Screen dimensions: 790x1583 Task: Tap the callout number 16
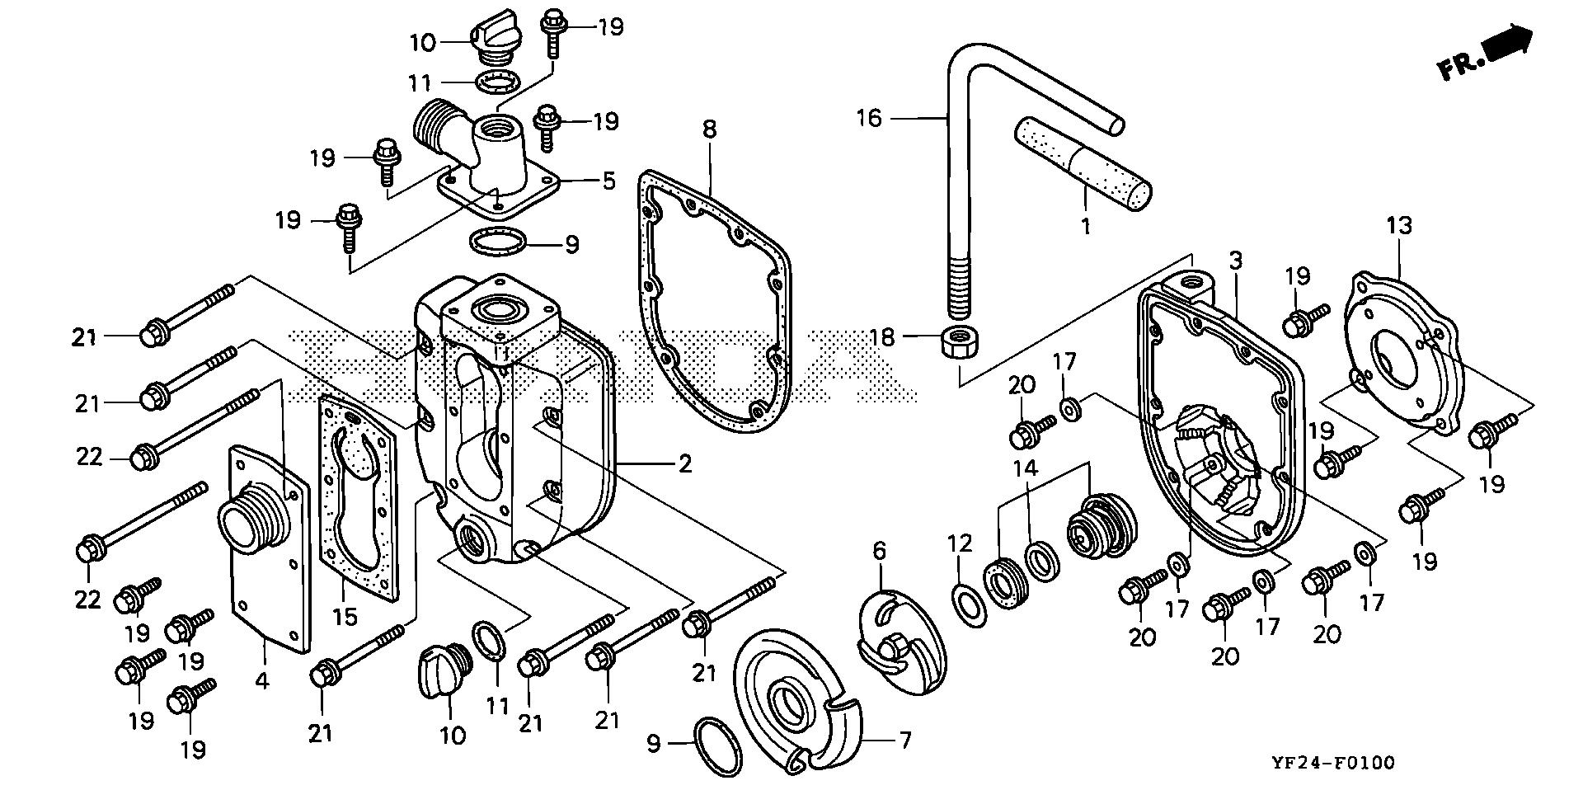(x=869, y=119)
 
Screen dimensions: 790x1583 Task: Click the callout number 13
(x=1399, y=224)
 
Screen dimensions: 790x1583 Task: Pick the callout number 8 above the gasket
(x=710, y=129)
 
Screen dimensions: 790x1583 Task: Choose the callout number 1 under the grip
(x=1086, y=225)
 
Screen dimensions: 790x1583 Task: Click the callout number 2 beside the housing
(x=685, y=463)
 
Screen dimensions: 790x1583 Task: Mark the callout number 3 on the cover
(x=1234, y=261)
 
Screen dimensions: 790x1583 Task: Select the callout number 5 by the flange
(x=608, y=181)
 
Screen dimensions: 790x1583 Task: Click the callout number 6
(x=879, y=550)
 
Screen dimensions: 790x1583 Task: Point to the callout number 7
(x=904, y=740)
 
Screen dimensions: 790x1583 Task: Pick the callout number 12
(x=959, y=545)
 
